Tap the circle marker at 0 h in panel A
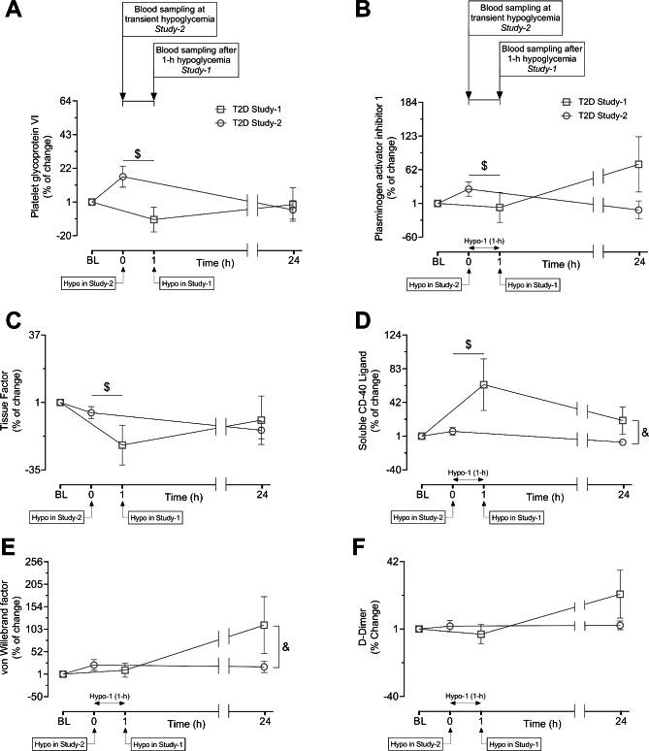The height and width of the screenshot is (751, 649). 122,177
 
